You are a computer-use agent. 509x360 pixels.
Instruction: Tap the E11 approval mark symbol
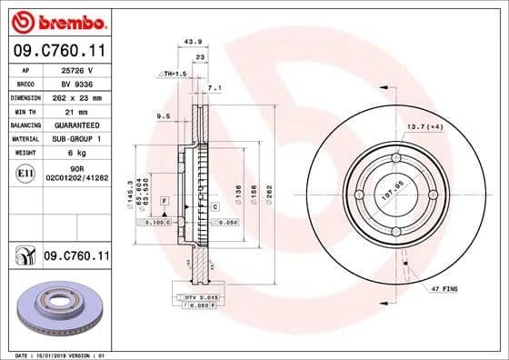(26, 172)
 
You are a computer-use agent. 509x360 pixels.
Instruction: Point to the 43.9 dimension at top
(192, 42)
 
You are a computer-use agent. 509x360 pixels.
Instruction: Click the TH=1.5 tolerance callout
(173, 73)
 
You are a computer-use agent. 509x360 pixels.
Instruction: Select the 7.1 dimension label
(215, 88)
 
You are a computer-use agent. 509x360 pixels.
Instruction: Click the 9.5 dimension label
(164, 116)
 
